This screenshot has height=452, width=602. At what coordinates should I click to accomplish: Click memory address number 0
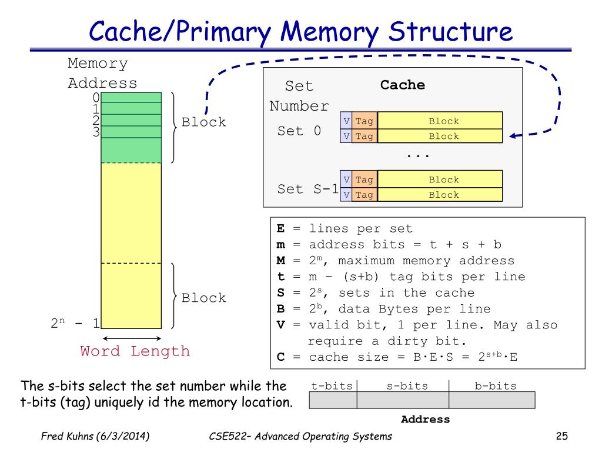(x=96, y=98)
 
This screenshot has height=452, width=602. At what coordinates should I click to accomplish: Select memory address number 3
(x=96, y=131)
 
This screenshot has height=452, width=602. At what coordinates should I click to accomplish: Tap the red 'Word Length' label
(x=135, y=351)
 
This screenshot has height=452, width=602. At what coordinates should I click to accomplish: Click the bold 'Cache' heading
(x=403, y=85)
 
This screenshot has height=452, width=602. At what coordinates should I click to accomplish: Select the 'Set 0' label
(x=299, y=131)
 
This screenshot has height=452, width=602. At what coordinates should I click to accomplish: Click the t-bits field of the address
(x=333, y=400)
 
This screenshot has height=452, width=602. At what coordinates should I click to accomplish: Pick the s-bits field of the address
(x=403, y=400)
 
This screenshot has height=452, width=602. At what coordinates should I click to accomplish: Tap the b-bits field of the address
(x=491, y=400)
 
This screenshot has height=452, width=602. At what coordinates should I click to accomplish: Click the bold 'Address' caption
(x=425, y=420)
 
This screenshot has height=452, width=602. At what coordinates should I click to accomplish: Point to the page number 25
(x=562, y=436)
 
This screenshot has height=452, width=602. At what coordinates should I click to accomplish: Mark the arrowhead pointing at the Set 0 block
(x=513, y=136)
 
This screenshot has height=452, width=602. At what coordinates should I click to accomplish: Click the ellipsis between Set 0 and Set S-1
(x=418, y=155)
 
